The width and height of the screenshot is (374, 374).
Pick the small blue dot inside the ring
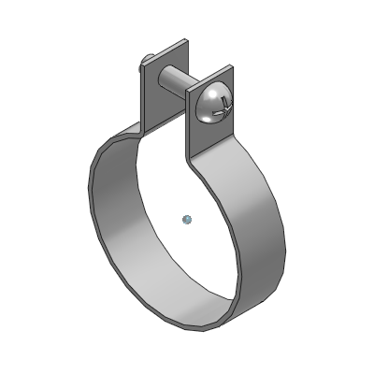[x=187, y=220]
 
